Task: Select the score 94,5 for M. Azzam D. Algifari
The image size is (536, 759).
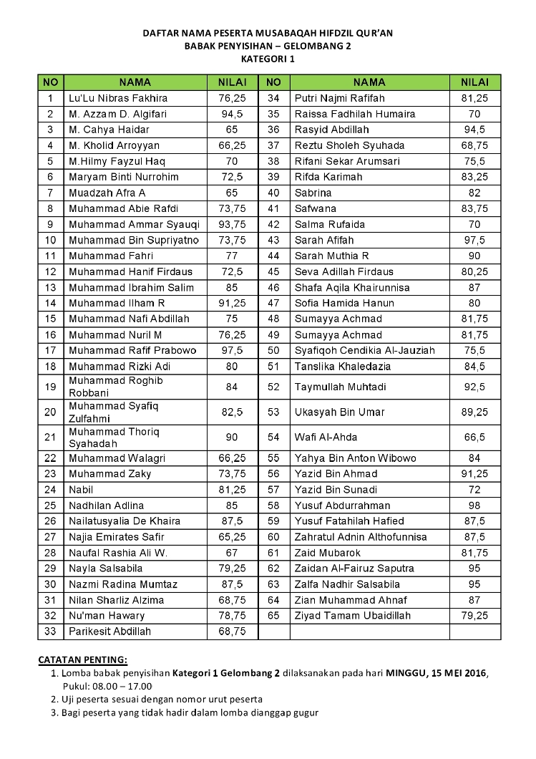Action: (x=231, y=114)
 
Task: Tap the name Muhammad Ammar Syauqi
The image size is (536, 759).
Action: (x=133, y=224)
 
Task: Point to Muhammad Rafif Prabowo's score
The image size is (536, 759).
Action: (x=231, y=350)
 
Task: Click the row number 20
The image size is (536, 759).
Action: (x=50, y=412)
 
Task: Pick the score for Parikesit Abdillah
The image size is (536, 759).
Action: (x=231, y=632)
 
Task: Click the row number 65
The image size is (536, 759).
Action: (x=273, y=616)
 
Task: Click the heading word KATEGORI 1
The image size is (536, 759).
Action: (x=268, y=58)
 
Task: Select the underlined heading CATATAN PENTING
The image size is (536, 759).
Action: (x=82, y=659)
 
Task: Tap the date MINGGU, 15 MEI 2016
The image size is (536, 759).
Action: (x=437, y=673)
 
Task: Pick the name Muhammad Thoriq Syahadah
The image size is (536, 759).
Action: (x=114, y=437)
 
